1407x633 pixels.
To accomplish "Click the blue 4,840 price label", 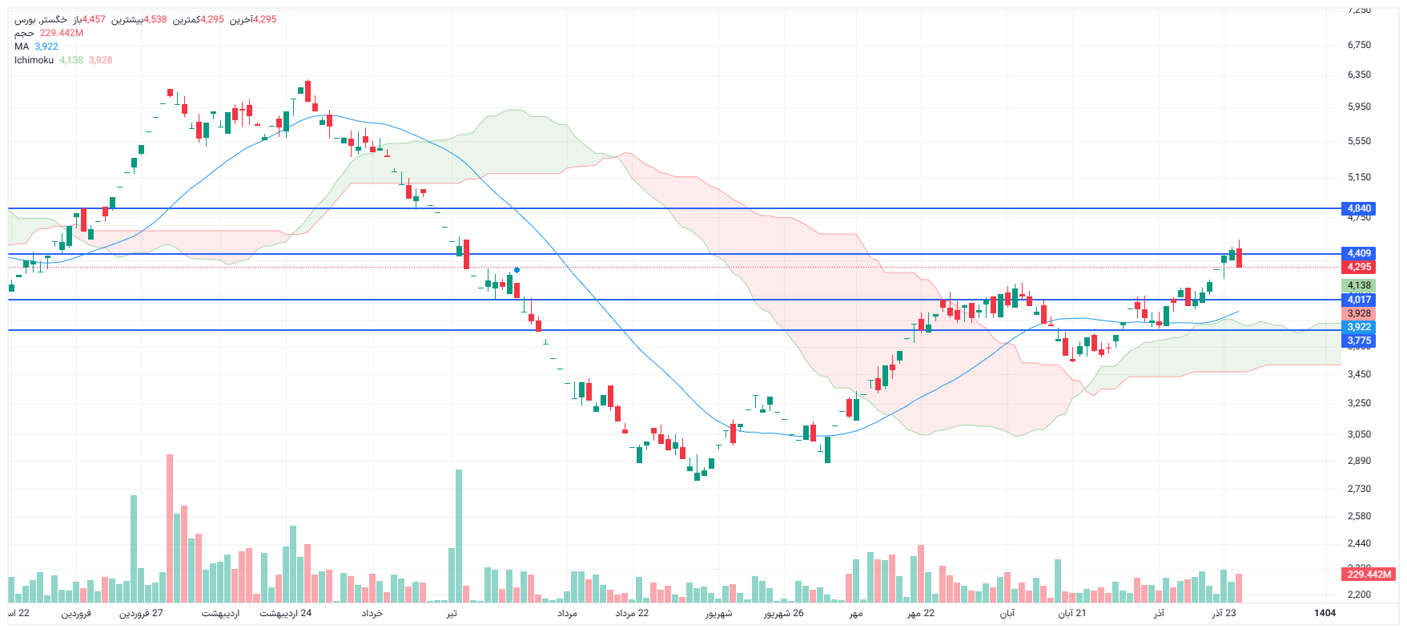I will pos(1359,208).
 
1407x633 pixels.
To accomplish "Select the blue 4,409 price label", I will pos(1359,253).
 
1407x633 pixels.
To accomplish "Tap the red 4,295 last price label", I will pos(1359,267).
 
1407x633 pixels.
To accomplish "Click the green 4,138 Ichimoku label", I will pos(1359,285).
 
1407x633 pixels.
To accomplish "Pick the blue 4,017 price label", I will pos(1359,300).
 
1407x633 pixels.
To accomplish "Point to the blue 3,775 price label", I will pos(1359,341).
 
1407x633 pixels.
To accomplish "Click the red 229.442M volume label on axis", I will pos(1369,575).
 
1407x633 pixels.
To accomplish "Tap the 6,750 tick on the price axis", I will pos(1359,45).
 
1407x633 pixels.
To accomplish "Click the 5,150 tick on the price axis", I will pos(1359,177).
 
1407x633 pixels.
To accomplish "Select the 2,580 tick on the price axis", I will pos(1359,516).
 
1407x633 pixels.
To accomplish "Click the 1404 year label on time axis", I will pos(1325,613).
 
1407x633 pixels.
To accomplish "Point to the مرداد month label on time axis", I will pos(567,613).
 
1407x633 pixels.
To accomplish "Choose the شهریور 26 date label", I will pos(783,613).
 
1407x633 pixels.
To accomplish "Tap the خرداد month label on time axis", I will pos(372,613).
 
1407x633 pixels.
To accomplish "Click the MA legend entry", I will pos(22,46).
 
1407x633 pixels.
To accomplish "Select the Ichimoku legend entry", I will pos(34,60).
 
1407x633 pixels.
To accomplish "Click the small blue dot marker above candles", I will pos(517,270).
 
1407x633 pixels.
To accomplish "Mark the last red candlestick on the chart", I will pos(1239,257).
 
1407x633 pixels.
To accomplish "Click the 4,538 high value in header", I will pos(155,19).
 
